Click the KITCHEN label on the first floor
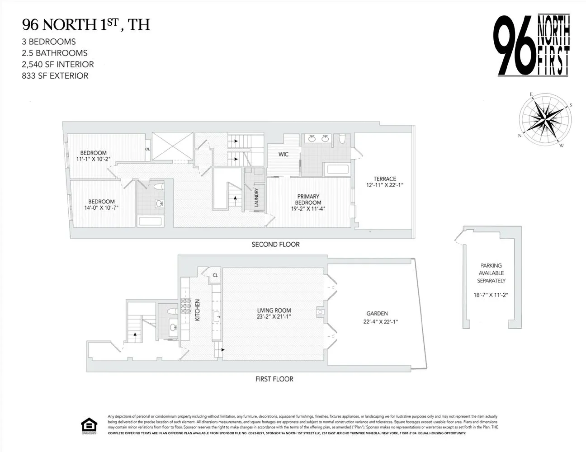pyautogui.click(x=197, y=310)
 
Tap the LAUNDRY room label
pyautogui.click(x=256, y=198)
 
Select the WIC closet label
pyautogui.click(x=283, y=155)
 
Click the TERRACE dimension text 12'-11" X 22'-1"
pyautogui.click(x=384, y=185)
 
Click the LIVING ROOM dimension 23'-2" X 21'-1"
pyautogui.click(x=274, y=317)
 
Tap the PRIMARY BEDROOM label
pyautogui.click(x=308, y=199)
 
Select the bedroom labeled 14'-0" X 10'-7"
pyautogui.click(x=101, y=205)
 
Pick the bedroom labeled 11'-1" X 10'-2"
pyautogui.click(x=93, y=156)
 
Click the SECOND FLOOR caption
pyautogui.click(x=275, y=245)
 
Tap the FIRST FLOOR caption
pyautogui.click(x=274, y=379)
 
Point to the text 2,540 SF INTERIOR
pyautogui.click(x=58, y=64)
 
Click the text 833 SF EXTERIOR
pyautogui.click(x=55, y=75)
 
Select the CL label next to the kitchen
pyautogui.click(x=215, y=275)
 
